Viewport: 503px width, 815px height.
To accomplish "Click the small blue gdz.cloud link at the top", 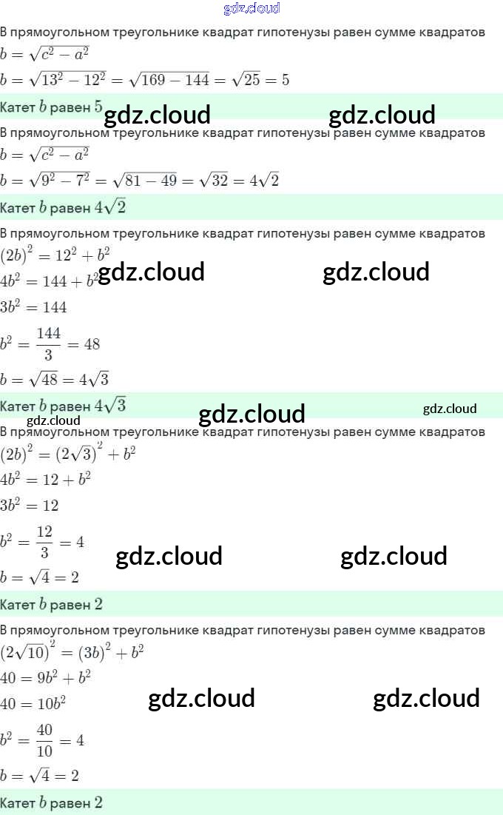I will pos(251,9).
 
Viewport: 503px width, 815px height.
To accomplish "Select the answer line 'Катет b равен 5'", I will pos(52,107).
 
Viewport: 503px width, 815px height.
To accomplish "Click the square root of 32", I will pos(215,181).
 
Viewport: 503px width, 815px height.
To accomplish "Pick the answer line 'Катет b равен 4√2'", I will pos(63,208).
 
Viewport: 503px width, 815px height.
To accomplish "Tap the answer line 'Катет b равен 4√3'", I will pos(63,406).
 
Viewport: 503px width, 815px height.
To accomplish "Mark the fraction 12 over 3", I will pos(44,542).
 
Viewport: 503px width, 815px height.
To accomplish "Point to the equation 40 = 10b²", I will pos(33,703).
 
